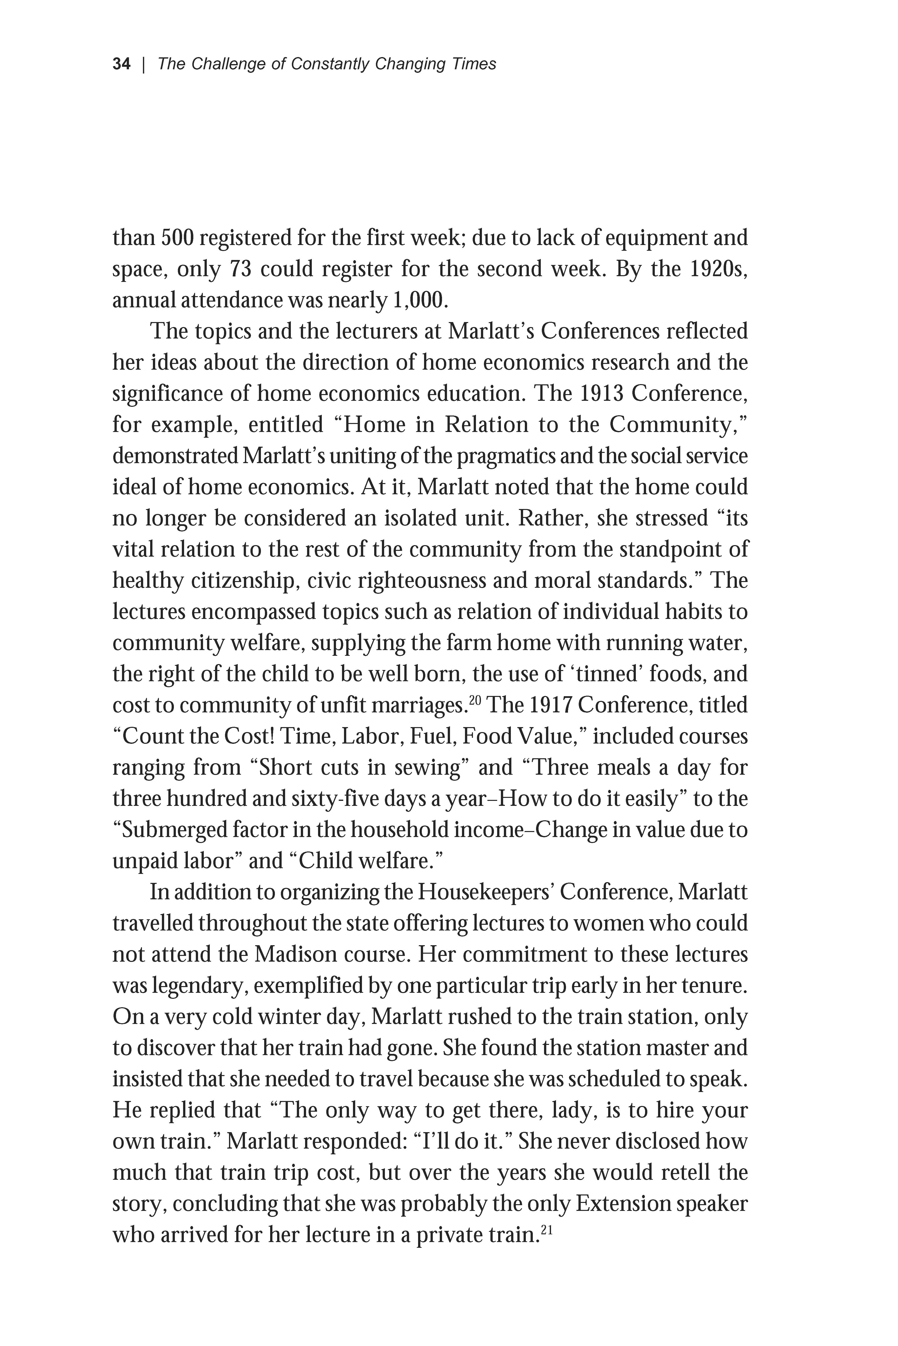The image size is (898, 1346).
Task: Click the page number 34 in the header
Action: tap(121, 64)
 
